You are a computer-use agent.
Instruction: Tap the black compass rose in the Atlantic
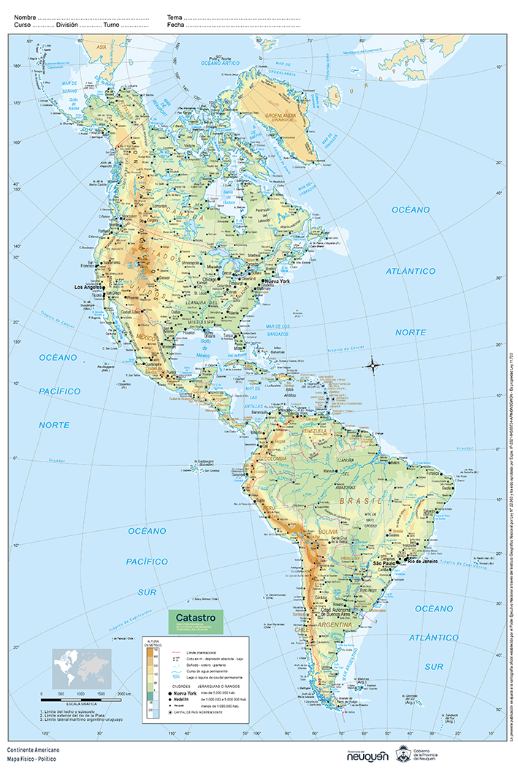pos(373,364)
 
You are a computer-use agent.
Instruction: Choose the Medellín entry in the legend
pos(187,699)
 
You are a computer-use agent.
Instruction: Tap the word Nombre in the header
pos(24,16)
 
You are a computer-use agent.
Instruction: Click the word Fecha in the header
pos(175,25)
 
